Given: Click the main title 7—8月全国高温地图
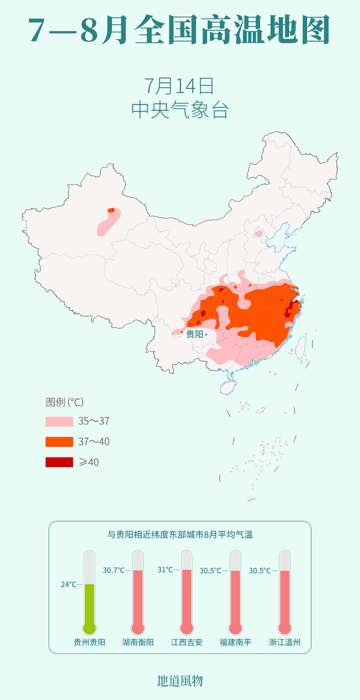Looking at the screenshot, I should point(179,31).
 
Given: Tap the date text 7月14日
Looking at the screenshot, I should point(179,86).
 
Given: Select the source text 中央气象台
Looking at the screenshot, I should point(179,109).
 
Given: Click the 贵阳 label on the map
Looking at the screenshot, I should point(195,334).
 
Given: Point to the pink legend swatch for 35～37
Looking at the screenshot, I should point(59,421).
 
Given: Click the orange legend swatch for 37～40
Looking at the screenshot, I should point(59,442).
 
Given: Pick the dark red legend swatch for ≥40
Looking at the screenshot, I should point(59,462).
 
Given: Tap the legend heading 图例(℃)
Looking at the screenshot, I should point(65,402).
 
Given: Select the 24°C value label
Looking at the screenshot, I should point(68,585).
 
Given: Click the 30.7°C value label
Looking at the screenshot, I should point(113,571).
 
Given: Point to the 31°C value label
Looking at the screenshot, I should point(165,569).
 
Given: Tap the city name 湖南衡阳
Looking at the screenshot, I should point(138,642).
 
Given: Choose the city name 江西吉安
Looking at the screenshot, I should point(187,642).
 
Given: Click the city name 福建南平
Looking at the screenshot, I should point(236,642).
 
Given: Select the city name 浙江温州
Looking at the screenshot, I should point(285,642).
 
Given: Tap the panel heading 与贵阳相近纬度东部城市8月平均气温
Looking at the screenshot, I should point(180,535).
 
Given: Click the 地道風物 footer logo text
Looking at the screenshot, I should point(179,681).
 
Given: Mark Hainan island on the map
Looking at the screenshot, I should point(227,387).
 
